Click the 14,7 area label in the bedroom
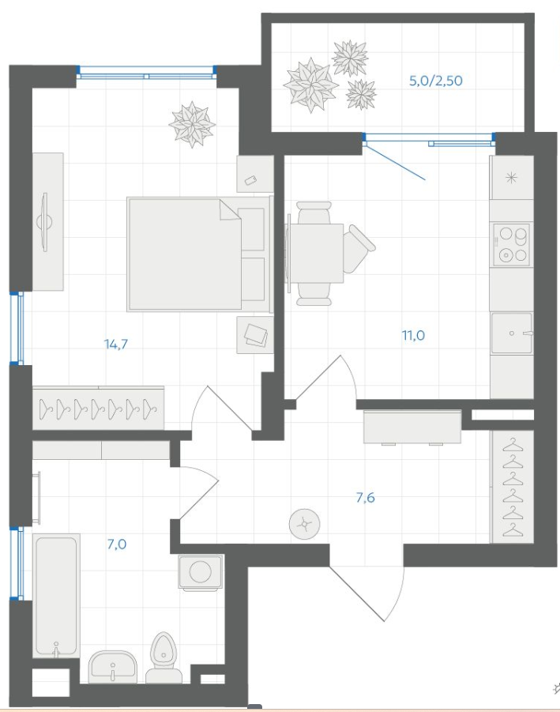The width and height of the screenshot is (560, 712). point(116,345)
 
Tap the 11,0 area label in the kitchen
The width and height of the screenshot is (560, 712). point(413,336)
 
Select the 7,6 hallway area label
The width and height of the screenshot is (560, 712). point(366,498)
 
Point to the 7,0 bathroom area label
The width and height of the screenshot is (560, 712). point(117,544)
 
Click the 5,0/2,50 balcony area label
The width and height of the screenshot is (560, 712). point(436,81)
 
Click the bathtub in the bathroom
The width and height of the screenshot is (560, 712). point(56,596)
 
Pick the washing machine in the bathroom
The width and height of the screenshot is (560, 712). point(200,572)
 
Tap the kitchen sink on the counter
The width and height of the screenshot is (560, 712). point(512,333)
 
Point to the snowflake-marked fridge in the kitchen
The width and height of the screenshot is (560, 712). point(512,178)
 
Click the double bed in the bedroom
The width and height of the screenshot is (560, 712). point(200,254)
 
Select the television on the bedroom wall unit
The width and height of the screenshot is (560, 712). point(44,222)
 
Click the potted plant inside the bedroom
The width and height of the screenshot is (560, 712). point(192,124)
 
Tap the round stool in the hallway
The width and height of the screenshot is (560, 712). point(305,525)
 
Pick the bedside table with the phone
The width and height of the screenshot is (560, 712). point(255,174)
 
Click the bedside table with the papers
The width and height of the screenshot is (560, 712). point(255,334)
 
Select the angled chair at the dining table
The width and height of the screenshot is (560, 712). point(359,248)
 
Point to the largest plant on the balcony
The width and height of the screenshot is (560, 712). point(311,85)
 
